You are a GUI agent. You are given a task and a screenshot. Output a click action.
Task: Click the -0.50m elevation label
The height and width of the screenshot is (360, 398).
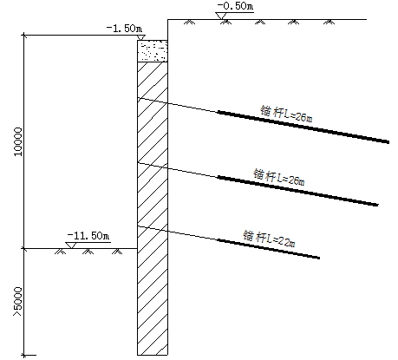coord(235,6)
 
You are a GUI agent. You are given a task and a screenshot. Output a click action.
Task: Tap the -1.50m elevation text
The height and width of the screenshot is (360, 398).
coord(124,29)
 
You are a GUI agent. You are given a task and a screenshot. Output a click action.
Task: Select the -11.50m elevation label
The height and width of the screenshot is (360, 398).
coord(88,236)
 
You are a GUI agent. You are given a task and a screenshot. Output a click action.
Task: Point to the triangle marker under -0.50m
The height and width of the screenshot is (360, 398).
coord(221,16)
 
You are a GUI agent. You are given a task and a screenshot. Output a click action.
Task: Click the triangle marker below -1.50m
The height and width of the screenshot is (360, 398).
coord(140,37)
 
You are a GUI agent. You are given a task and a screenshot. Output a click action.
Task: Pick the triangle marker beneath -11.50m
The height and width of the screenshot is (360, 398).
coord(71,245)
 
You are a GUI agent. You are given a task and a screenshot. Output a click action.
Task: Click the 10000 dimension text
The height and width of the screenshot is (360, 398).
coord(18,141)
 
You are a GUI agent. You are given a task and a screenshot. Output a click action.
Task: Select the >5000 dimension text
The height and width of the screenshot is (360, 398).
coord(17,302)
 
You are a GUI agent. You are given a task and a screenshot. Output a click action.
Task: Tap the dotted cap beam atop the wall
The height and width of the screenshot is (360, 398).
coord(153,51)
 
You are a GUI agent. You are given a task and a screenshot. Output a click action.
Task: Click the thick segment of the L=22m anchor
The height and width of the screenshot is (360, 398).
coord(269,249)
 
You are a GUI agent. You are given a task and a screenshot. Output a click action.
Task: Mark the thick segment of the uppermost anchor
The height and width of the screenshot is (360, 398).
coord(303,127)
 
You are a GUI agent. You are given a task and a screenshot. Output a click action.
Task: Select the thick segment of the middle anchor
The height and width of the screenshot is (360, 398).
coord(297,191)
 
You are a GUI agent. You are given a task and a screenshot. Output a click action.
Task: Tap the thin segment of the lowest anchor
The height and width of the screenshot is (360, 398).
coord(178,233)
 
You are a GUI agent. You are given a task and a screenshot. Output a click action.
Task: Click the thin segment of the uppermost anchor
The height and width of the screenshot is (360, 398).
coord(178,105)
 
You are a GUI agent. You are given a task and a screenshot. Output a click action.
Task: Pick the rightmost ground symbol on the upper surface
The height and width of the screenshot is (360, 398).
coord(329,22)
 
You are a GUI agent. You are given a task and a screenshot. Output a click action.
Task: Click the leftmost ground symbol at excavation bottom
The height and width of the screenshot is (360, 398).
coord(60,252)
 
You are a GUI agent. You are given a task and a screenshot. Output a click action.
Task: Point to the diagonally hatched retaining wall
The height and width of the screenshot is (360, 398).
coord(153,208)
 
